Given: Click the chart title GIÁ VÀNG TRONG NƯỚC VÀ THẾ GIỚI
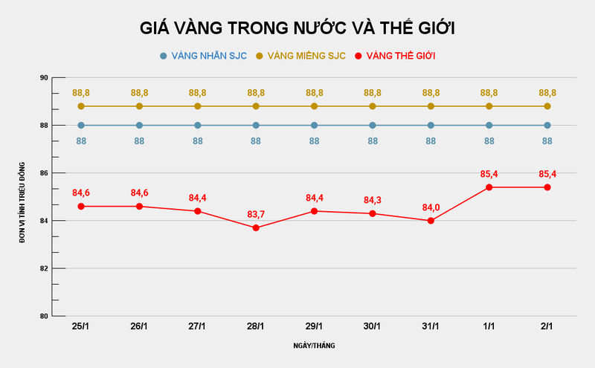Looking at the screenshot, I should [297, 28].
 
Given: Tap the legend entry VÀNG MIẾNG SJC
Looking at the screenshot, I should [301, 56].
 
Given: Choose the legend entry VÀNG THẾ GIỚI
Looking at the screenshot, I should [394, 56].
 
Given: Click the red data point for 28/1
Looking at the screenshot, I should [256, 227].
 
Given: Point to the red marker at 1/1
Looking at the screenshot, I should [489, 187].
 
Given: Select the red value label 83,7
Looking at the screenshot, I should [256, 215].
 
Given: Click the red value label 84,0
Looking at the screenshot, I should [431, 207].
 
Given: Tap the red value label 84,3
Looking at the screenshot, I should [373, 201].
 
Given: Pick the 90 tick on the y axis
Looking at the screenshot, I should [43, 77].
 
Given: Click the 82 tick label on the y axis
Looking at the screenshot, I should [43, 268].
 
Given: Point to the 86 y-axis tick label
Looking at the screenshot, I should [43, 173].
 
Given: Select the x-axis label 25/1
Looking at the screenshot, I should [81, 326].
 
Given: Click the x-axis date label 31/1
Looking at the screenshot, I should [431, 326].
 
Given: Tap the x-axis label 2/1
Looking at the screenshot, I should [547, 326].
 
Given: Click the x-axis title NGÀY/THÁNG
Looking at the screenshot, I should [314, 346].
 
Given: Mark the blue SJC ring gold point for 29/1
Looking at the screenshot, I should [314, 126].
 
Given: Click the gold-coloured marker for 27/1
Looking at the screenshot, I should [198, 106].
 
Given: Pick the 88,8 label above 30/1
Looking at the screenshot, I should [373, 93].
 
